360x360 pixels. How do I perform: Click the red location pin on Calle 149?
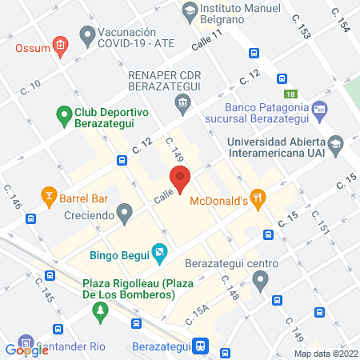pyautogui.click(x=179, y=180)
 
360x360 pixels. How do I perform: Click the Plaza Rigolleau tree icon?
pyautogui.click(x=100, y=313)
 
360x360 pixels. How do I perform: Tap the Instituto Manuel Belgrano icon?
pyautogui.click(x=189, y=10)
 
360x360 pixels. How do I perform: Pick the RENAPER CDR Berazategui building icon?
pyautogui.click(x=183, y=102)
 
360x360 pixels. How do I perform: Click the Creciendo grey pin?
pyautogui.click(x=123, y=213)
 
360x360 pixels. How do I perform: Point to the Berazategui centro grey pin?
pyautogui.click(x=259, y=280)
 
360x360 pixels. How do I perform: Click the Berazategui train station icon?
pyautogui.click(x=202, y=346)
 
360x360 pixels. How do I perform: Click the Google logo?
pyautogui.click(x=26, y=349)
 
